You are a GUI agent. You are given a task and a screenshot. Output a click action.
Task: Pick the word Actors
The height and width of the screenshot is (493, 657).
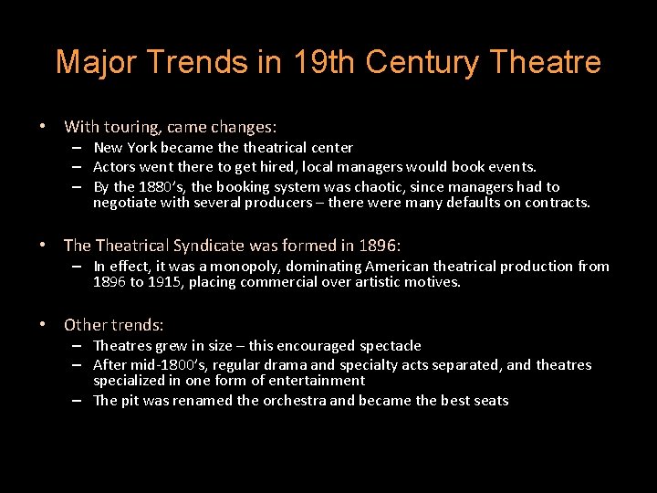point(114,166)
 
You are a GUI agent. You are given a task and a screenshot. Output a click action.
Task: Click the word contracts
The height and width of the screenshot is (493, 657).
point(557,202)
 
